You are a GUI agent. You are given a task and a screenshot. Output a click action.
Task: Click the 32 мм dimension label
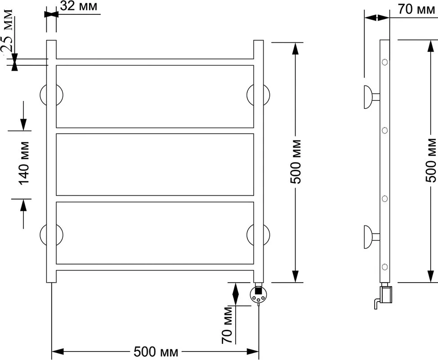(x=79, y=6)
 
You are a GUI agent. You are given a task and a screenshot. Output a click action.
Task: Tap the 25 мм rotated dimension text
(x=7, y=31)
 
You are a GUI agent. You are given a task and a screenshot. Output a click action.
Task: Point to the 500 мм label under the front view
(x=156, y=352)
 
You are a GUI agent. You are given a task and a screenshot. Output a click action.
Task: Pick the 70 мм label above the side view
(x=416, y=9)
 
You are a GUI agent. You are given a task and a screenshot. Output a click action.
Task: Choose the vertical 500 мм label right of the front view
(x=296, y=162)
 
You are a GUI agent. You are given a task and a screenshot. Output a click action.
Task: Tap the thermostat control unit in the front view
(x=259, y=294)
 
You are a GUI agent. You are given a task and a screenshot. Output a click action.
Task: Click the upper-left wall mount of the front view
(x=51, y=95)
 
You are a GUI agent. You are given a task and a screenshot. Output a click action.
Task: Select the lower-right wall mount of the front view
(x=259, y=235)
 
